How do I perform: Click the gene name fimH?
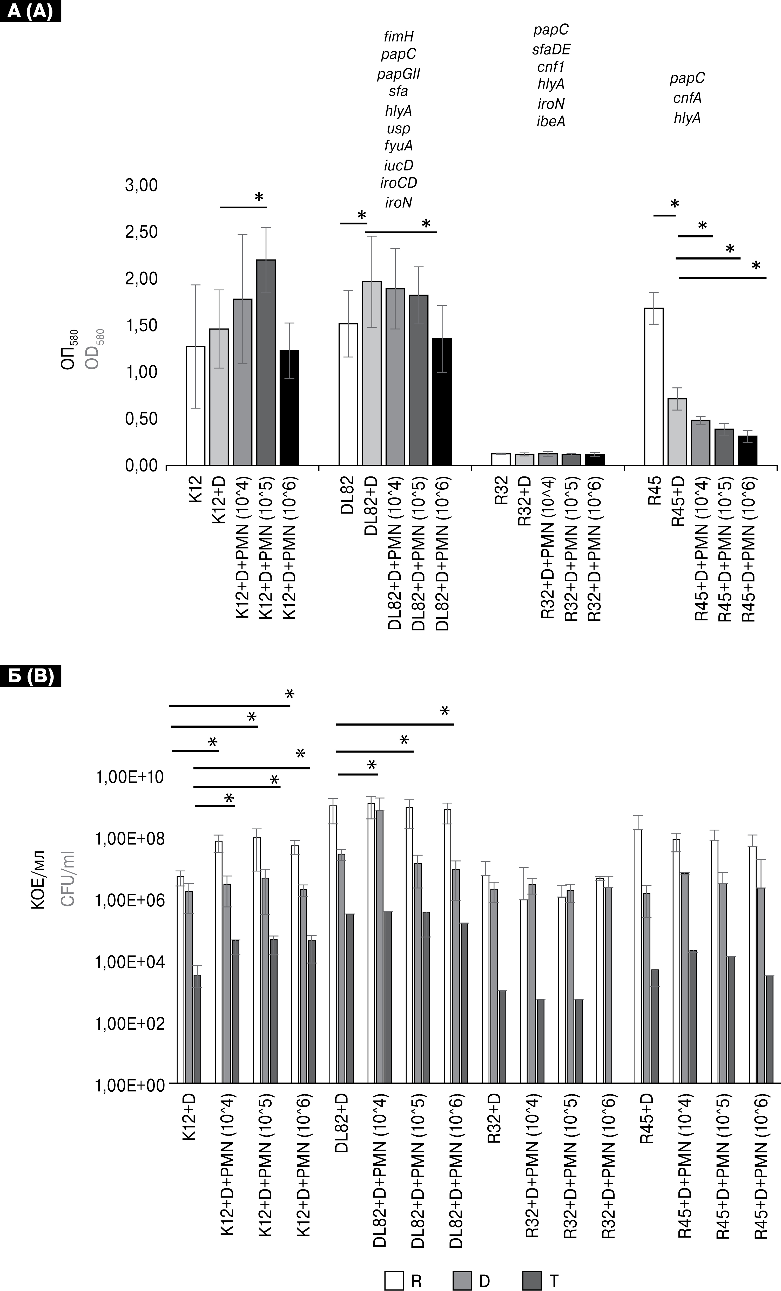398,37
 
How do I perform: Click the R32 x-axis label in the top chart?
502,490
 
